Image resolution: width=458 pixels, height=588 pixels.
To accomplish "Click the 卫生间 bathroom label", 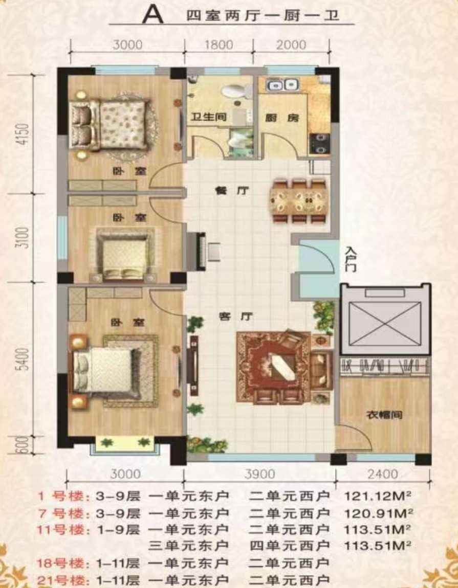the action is coord(208,118).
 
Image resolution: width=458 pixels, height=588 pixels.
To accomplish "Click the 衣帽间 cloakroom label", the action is coord(384,415).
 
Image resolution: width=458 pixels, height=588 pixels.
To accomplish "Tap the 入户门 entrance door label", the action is coord(351,259).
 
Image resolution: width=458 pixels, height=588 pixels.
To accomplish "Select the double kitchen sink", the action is coord(281,85).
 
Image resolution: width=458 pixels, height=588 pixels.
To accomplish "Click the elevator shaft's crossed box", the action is coord(385,324).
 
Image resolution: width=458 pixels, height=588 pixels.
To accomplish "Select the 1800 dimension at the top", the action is coord(219,44).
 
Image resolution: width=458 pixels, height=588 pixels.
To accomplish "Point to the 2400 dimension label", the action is coord(383,474).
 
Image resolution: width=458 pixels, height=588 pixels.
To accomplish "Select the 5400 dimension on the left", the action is coord(23,359).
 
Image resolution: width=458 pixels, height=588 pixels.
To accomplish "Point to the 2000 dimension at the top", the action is coord(291,44).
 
